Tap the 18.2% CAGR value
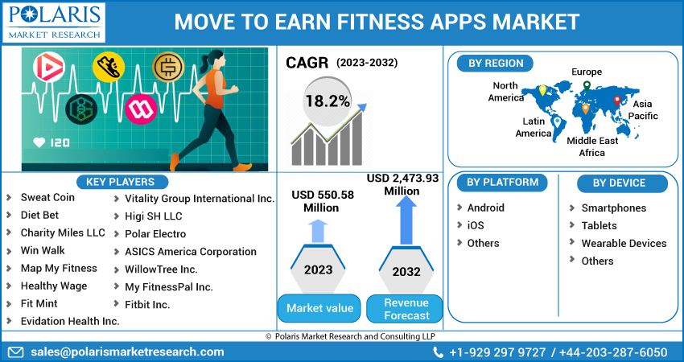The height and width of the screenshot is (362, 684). pos(327,101)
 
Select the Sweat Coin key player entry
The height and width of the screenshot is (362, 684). pos(47,197)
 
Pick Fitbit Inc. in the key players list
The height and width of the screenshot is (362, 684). pos(147,305)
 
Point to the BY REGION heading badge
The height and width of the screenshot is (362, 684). pos(496,64)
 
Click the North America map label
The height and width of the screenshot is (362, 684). pos(505,92)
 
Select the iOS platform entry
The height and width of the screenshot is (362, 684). pos(476,225)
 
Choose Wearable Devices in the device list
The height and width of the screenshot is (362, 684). pos(624,243)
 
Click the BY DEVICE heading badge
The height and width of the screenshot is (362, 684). pos(619,183)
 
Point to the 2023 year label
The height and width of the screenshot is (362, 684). pos(318,269)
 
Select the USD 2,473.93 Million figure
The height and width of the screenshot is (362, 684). pos(403,184)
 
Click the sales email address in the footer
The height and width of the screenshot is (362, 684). pos(127,352)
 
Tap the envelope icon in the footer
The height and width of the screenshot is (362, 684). pos(15,352)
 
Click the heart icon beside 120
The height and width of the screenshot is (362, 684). pos(39,142)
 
